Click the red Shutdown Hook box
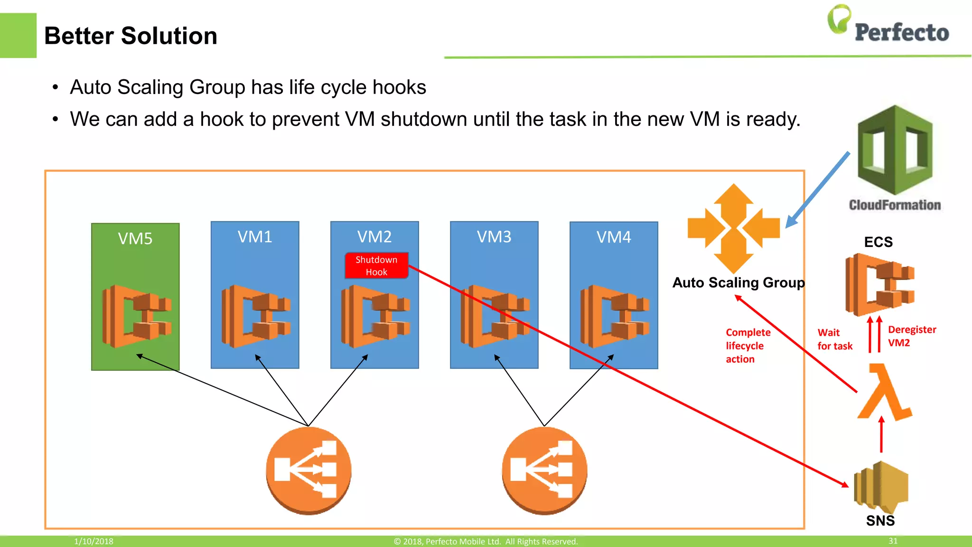376,265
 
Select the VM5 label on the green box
135,238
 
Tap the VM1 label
255,236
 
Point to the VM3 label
494,236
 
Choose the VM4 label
614,237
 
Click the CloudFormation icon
895,151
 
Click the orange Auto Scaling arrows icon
734,228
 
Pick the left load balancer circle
308,470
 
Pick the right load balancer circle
544,470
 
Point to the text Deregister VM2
911,336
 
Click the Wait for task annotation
834,339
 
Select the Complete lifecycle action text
748,346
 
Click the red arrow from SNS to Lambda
881,434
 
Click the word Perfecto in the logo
901,32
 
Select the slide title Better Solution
131,36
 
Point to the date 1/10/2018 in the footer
93,541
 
